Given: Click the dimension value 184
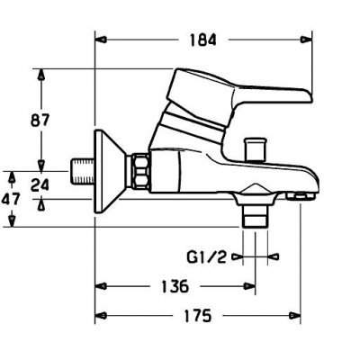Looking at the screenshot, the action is pos(203,40).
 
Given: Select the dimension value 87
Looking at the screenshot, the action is pos(40,121).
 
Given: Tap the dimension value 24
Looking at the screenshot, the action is pos(40,184).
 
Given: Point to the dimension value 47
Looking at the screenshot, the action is pos(11,199).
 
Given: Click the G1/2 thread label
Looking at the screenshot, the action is pos(206,257).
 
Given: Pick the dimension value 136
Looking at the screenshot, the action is pos(175,286).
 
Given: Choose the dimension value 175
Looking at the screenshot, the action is pos(198,316).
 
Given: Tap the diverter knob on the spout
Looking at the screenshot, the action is pos(255,148).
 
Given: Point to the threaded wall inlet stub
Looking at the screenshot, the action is pos(82,171).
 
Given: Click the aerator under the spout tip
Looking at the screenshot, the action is pos(301,197).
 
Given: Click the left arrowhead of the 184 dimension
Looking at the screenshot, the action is pos(103,40).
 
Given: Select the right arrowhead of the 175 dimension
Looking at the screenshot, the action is pos(294,316).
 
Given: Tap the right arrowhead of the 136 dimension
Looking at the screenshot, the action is pos(249,286).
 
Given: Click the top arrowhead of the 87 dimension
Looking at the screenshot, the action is pos(41,75).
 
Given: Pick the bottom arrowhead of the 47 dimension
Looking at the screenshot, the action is pos(12,221).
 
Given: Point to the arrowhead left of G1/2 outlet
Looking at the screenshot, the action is pos(237,256).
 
